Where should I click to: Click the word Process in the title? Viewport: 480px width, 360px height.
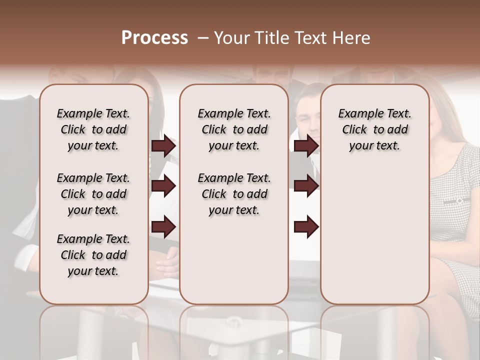click(154, 38)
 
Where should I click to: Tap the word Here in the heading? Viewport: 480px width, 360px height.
click(351, 38)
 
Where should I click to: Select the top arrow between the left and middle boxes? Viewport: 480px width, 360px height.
click(163, 146)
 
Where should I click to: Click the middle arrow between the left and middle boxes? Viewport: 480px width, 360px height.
click(163, 186)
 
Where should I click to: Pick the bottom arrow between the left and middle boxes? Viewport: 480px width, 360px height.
click(163, 226)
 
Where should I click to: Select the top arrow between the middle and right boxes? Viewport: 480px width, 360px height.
click(306, 146)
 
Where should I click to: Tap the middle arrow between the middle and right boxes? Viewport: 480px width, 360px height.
click(306, 186)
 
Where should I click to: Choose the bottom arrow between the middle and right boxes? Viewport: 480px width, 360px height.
click(306, 226)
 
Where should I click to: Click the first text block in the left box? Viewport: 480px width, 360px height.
click(93, 129)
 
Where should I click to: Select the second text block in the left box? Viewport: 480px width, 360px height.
click(93, 194)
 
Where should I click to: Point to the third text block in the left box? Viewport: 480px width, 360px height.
click(93, 255)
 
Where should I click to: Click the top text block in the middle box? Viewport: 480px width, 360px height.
click(234, 129)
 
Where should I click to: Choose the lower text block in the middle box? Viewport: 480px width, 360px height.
click(234, 194)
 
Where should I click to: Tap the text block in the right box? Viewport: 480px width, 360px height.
click(374, 129)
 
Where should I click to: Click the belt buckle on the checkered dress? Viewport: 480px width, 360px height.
click(459, 200)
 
